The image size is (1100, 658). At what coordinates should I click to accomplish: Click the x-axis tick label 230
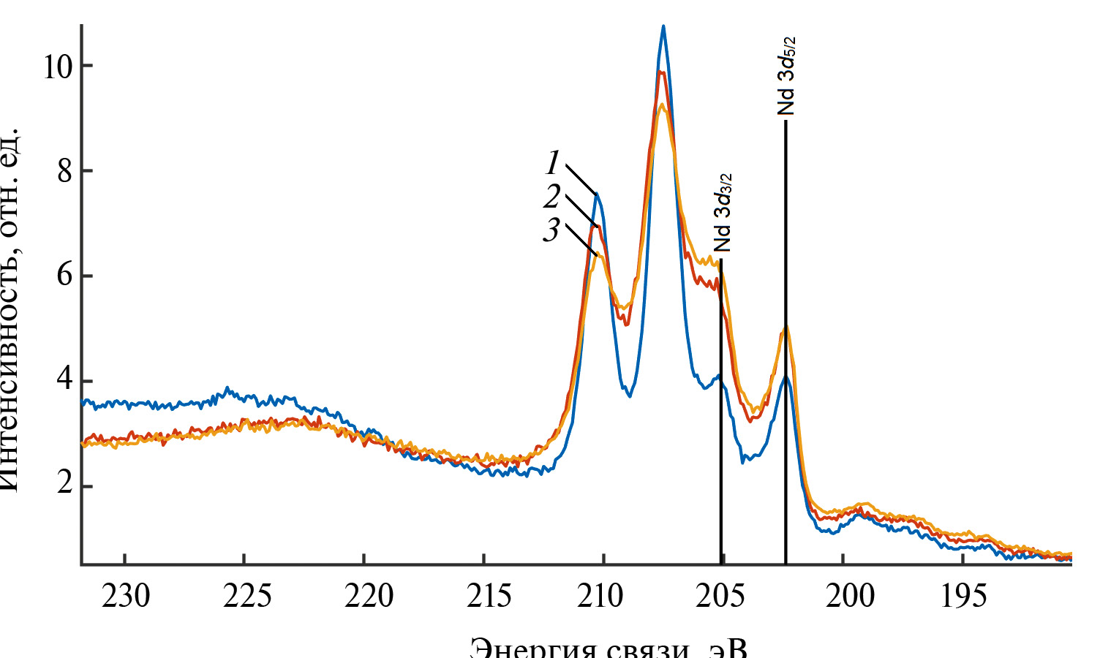(126, 597)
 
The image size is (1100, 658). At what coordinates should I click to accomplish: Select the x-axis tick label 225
(246, 597)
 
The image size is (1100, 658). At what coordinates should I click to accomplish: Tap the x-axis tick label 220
(366, 597)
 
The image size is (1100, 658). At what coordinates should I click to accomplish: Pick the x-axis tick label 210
(606, 597)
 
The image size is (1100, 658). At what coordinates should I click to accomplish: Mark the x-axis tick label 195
(964, 597)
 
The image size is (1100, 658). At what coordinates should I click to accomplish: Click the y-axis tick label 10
(57, 67)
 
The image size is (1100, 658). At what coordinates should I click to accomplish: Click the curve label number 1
(553, 162)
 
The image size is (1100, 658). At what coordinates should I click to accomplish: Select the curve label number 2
(552, 196)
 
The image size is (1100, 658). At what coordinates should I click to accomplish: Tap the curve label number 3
(551, 230)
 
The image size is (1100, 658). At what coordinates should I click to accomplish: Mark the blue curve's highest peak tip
(663, 27)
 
